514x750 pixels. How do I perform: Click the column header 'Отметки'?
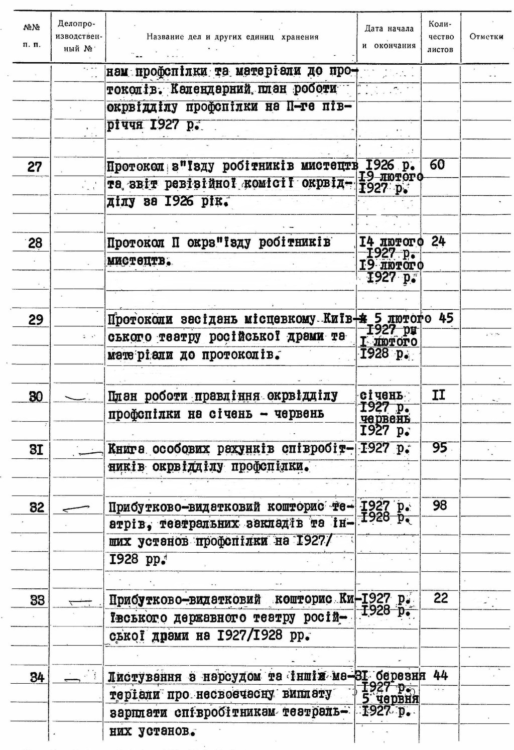(x=486, y=37)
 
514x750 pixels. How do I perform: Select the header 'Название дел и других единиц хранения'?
(x=232, y=37)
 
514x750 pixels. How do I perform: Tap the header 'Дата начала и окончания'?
(x=389, y=37)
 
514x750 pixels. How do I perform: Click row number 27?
(x=35, y=167)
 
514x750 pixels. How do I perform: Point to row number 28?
(x=35, y=243)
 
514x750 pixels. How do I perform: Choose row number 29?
(x=36, y=320)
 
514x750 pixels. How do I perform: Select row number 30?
(x=36, y=397)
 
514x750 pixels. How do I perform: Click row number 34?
(x=37, y=678)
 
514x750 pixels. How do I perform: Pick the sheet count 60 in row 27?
(x=437, y=165)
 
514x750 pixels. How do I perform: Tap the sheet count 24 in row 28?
(x=438, y=241)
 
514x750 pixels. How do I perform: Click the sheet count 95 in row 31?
(x=439, y=447)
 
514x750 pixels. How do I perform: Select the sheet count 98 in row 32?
(x=439, y=505)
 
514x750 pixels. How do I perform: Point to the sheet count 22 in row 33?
(x=440, y=598)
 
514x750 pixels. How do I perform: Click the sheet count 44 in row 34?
(x=440, y=676)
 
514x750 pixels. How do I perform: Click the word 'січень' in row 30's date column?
(x=381, y=395)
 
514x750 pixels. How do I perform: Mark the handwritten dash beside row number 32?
(x=76, y=508)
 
